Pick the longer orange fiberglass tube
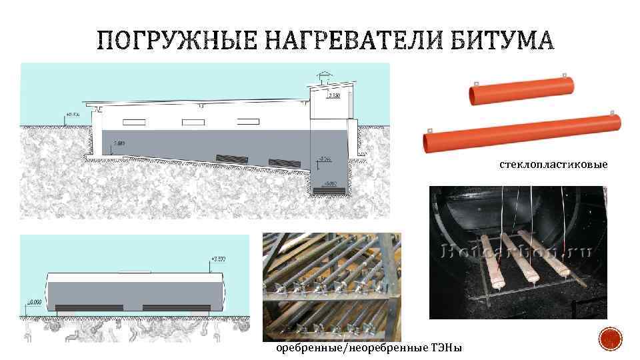click(x=523, y=132)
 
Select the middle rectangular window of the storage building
click(x=192, y=122)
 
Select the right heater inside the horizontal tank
click(x=171, y=307)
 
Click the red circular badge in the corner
click(x=611, y=339)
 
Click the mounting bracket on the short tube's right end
click(x=564, y=75)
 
